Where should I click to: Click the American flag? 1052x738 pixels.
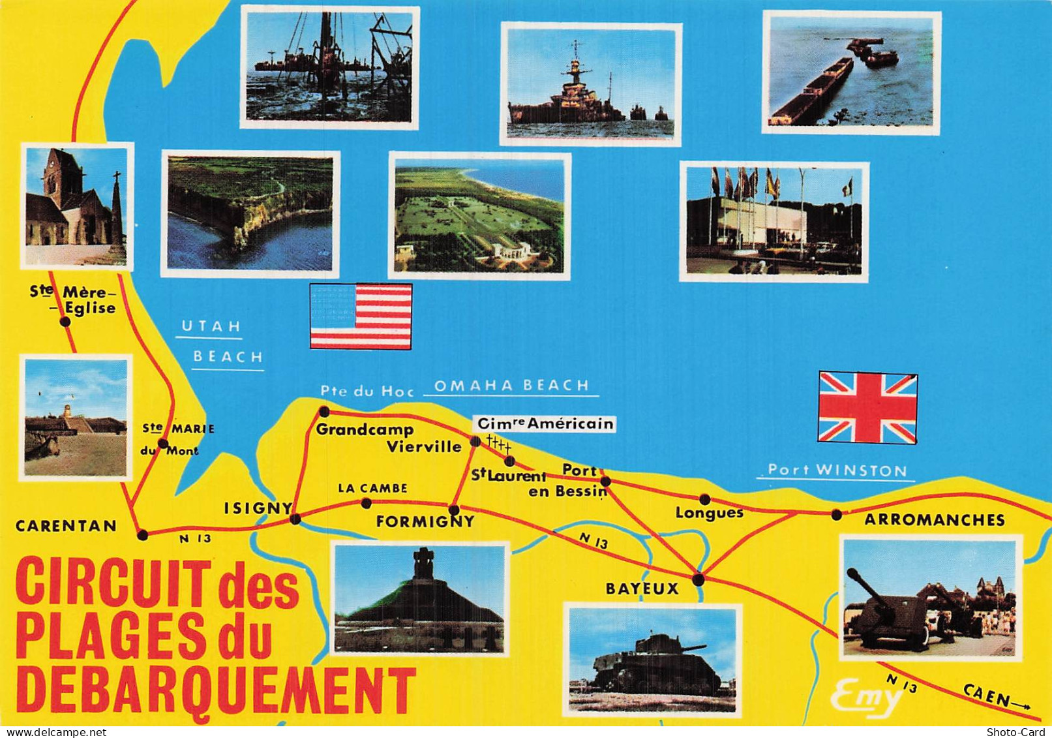(x=361, y=316)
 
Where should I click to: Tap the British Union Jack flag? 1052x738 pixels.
(x=867, y=407)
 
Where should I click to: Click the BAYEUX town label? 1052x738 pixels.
(x=642, y=589)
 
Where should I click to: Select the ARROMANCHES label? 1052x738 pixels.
(x=934, y=520)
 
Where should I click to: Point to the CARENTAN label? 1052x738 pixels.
(x=66, y=526)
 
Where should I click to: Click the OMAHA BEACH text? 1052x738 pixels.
(x=511, y=386)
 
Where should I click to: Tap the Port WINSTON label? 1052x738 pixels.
(x=837, y=470)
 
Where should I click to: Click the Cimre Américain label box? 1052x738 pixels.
(x=545, y=424)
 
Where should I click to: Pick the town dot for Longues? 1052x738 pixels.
(x=704, y=500)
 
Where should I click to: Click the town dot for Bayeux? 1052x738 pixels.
(x=699, y=579)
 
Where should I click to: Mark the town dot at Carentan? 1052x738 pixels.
(x=143, y=535)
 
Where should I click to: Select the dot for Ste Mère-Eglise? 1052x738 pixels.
(x=65, y=322)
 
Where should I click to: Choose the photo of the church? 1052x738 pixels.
(x=77, y=206)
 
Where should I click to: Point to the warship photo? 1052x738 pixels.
(x=590, y=84)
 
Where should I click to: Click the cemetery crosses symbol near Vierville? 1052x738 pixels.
(x=498, y=444)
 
